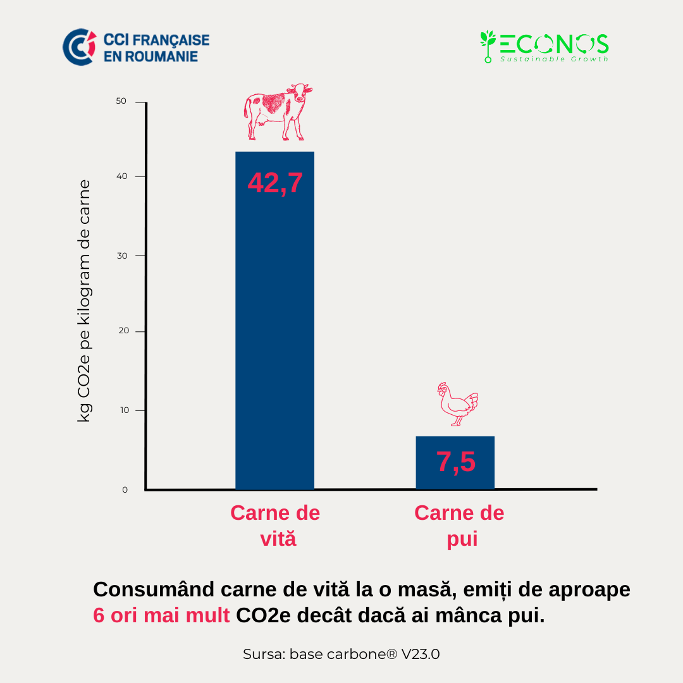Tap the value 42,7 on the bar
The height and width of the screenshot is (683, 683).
275,183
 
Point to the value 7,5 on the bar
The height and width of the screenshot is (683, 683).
455,462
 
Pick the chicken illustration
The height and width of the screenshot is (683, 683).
458,404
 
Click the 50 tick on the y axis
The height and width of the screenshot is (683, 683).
121,101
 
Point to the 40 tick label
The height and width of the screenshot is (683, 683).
121,176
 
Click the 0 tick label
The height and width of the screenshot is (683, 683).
125,489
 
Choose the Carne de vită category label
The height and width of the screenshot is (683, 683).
275,526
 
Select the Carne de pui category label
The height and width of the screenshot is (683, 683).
459,526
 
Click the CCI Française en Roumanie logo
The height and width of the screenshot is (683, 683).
136,47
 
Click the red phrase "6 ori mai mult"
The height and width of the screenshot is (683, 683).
161,615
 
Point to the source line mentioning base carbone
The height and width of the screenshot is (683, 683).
341,654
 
